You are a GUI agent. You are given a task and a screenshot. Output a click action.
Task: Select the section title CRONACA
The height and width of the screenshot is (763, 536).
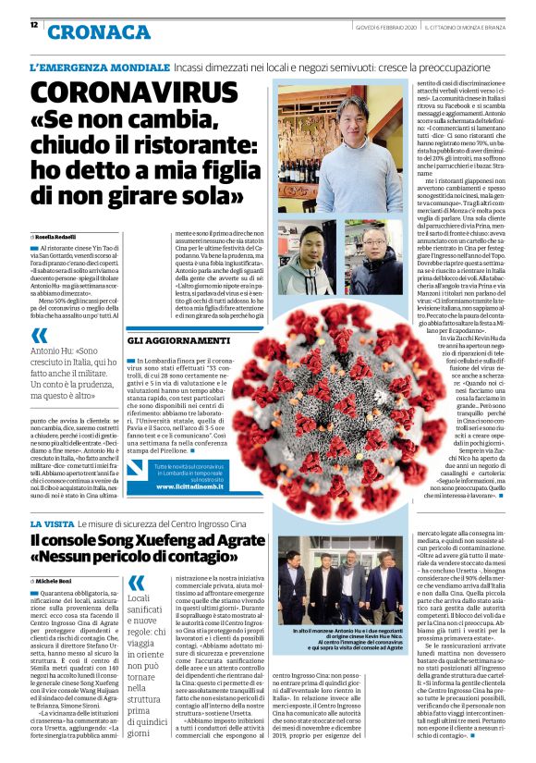[98, 31]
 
